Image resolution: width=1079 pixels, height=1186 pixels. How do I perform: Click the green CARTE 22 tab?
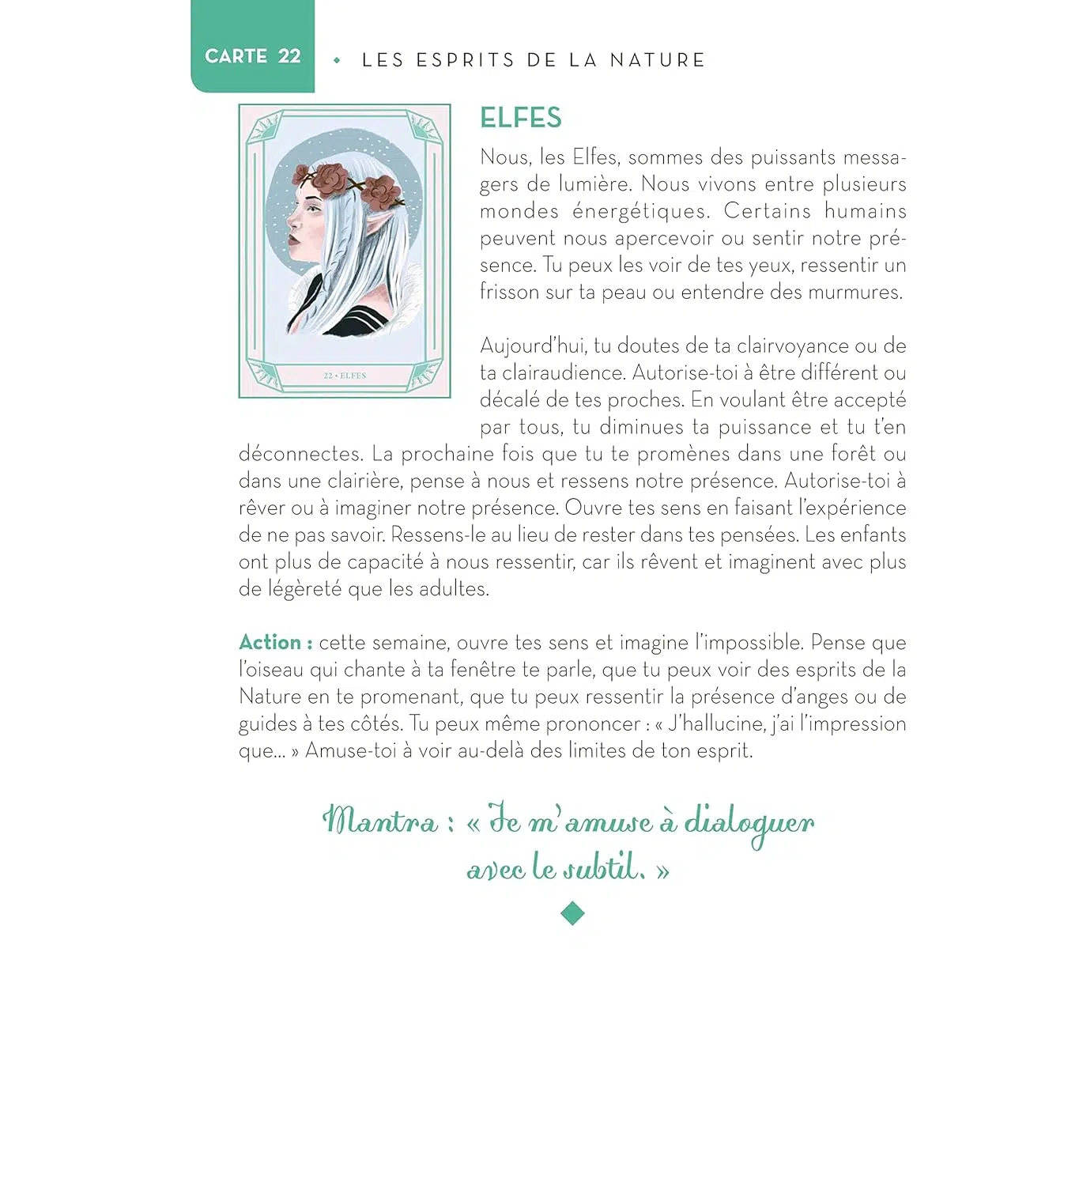pyautogui.click(x=252, y=55)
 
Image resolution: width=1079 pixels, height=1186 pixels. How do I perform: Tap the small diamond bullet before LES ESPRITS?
pyautogui.click(x=338, y=60)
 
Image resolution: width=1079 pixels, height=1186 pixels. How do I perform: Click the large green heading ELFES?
pyautogui.click(x=521, y=118)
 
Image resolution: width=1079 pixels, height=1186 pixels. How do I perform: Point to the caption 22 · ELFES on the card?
pyautogui.click(x=345, y=376)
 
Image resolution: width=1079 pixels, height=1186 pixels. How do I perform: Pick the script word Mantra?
pyautogui.click(x=380, y=821)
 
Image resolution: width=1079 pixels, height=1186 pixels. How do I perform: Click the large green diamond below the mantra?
pyautogui.click(x=572, y=914)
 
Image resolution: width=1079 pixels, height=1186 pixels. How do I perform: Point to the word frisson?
pyautogui.click(x=509, y=292)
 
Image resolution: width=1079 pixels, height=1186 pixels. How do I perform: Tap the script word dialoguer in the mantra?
pyautogui.click(x=749, y=823)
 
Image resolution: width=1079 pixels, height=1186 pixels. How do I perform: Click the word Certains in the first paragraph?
pyautogui.click(x=767, y=211)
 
